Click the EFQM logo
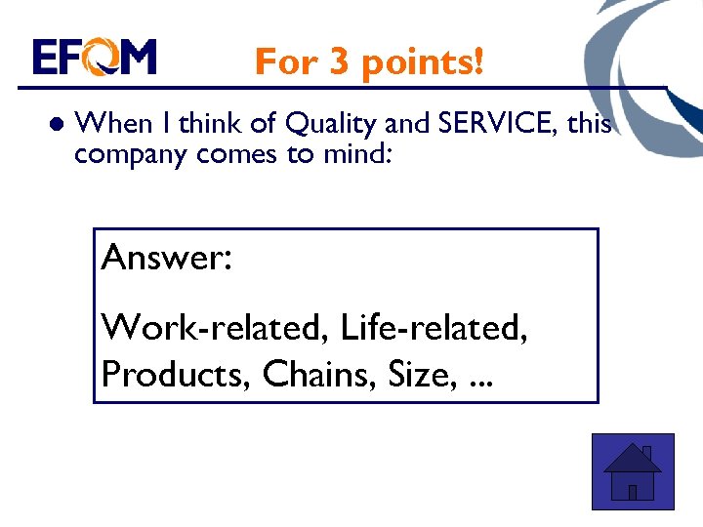[95, 58]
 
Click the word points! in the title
[421, 62]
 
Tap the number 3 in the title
[339, 62]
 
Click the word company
[132, 154]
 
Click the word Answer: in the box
[166, 259]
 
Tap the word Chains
[308, 374]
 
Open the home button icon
[633, 471]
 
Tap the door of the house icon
[633, 491]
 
